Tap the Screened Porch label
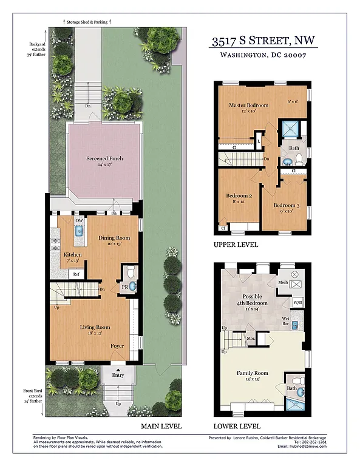click(104, 159)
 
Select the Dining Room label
click(115, 238)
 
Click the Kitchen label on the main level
click(73, 255)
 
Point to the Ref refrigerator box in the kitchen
click(76, 274)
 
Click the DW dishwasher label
click(79, 221)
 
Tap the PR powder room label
click(123, 286)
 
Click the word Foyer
click(117, 346)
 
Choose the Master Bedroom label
click(248, 106)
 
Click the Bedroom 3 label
click(282, 205)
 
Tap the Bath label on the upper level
click(294, 148)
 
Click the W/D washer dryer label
click(297, 302)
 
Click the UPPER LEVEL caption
click(236, 245)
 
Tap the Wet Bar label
click(285, 322)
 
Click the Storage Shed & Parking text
click(88, 22)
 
